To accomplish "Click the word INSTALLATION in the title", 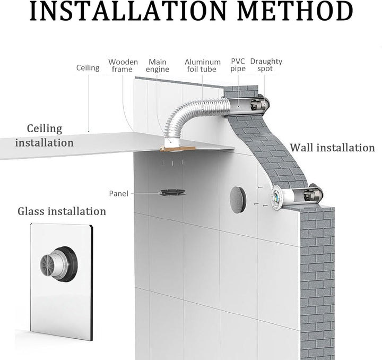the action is [128, 11].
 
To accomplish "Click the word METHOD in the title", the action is [295, 11].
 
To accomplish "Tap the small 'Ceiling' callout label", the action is [88, 67].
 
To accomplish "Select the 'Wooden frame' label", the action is [123, 65].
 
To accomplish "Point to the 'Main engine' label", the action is [158, 65].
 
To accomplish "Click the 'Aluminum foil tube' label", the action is [203, 65].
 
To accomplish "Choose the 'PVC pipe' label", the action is [238, 65].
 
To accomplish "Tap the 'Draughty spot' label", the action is [266, 65].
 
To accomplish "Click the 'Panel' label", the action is [118, 193].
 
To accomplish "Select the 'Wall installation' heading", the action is [332, 148].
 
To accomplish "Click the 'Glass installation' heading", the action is [62, 211].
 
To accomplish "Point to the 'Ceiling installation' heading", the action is [45, 135].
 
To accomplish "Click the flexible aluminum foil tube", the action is [193, 115].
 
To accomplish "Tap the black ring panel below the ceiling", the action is [172, 192].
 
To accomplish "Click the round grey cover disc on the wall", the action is [238, 200].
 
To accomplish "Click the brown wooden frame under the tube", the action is [178, 149].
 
